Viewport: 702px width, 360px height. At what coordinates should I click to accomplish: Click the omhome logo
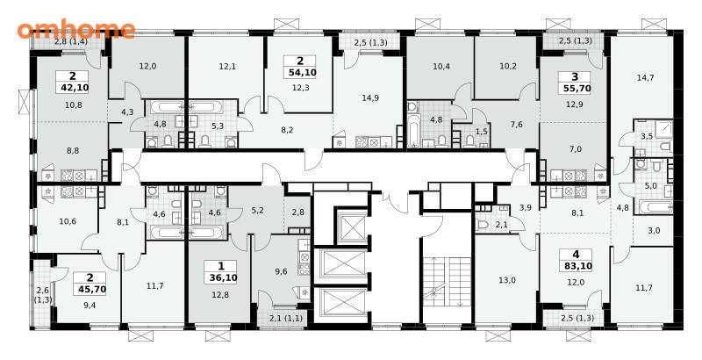tap(76, 29)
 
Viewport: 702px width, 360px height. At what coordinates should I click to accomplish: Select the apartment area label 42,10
tap(73, 87)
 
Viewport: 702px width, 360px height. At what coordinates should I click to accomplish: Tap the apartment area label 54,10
tap(299, 72)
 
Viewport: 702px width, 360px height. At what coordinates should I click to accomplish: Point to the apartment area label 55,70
tap(575, 89)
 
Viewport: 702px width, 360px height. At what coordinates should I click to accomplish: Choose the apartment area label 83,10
tap(576, 266)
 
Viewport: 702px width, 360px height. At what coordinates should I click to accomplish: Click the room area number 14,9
tap(370, 98)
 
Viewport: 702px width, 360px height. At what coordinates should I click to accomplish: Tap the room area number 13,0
tap(506, 281)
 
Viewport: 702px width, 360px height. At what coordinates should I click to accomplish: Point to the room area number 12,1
tap(227, 67)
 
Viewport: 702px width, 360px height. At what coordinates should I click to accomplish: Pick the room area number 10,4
tap(441, 67)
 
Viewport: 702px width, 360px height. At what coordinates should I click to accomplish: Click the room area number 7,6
tap(516, 125)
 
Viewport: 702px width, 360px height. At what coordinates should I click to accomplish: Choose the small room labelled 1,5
tap(469, 131)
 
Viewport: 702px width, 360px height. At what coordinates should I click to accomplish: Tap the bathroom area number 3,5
tap(647, 137)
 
